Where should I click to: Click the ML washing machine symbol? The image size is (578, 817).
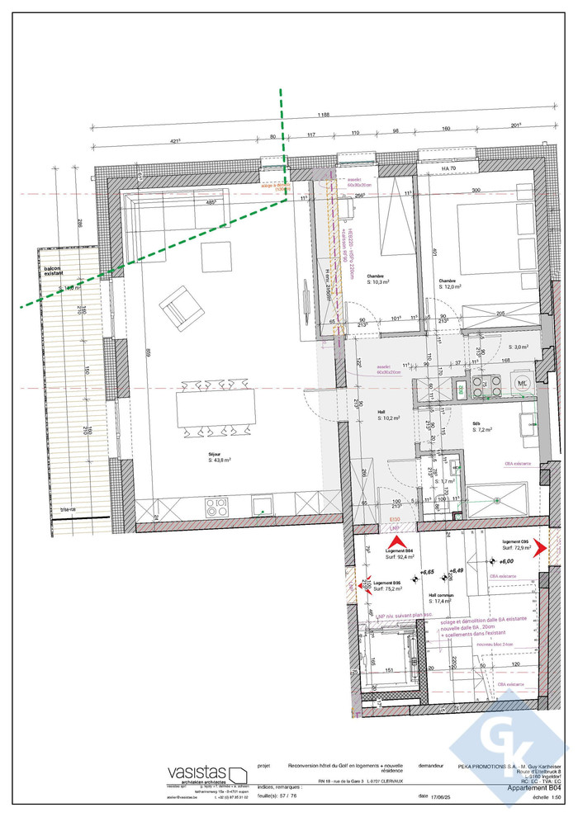pyautogui.click(x=521, y=383)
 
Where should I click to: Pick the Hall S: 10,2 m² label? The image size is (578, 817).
pyautogui.click(x=379, y=414)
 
